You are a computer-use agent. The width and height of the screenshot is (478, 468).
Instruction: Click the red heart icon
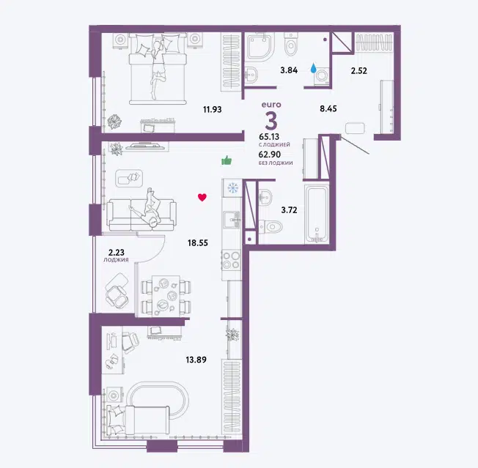[x=202, y=197]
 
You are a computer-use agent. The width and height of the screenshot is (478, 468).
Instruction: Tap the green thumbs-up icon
[x=227, y=160]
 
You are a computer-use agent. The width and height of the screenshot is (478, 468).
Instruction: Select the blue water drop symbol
[x=313, y=68]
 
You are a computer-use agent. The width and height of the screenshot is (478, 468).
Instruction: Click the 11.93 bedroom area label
[x=212, y=109]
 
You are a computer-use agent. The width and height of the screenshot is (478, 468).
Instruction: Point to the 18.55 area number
[x=198, y=242]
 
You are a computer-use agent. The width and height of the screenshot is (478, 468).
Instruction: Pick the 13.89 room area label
[x=196, y=360]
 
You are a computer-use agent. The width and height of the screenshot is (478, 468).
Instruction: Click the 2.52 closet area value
[x=358, y=70]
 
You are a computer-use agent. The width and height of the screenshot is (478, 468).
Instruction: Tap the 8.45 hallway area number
[x=328, y=108]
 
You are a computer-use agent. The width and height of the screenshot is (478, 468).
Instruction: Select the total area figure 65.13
[x=269, y=137]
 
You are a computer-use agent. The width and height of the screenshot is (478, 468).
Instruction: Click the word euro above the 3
[x=271, y=105]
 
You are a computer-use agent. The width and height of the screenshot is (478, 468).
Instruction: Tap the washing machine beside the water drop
[x=322, y=75]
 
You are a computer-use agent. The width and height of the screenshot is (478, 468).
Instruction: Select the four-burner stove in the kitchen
[x=232, y=260]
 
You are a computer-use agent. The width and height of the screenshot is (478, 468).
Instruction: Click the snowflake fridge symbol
[x=233, y=188]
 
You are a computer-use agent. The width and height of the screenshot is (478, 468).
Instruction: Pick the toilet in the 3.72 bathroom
[x=271, y=226]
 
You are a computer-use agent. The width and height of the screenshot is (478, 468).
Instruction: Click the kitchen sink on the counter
[x=232, y=220]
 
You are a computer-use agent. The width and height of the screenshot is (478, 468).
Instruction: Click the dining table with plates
[x=166, y=296]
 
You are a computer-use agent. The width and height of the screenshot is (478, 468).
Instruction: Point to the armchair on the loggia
[x=117, y=291]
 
